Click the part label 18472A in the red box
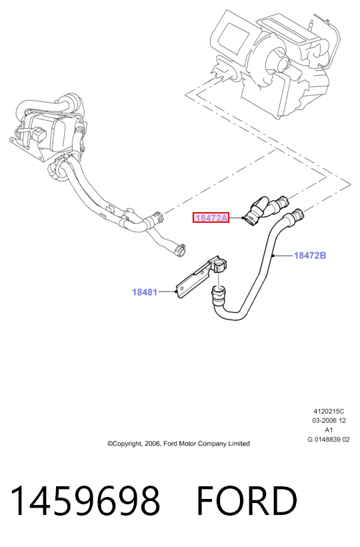point(211,218)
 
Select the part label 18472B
point(310,255)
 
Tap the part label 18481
point(145,292)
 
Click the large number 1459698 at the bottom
point(85,500)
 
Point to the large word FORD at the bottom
point(247,500)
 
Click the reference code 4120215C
point(329,412)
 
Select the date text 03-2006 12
point(329,421)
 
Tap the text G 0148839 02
point(328,440)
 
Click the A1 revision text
point(329,430)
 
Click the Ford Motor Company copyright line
point(179,444)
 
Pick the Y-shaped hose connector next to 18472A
point(265,210)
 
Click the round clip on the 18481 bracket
point(220,265)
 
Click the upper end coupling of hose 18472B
point(297,214)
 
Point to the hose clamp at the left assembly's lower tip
point(181,249)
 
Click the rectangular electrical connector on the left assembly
point(39,133)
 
